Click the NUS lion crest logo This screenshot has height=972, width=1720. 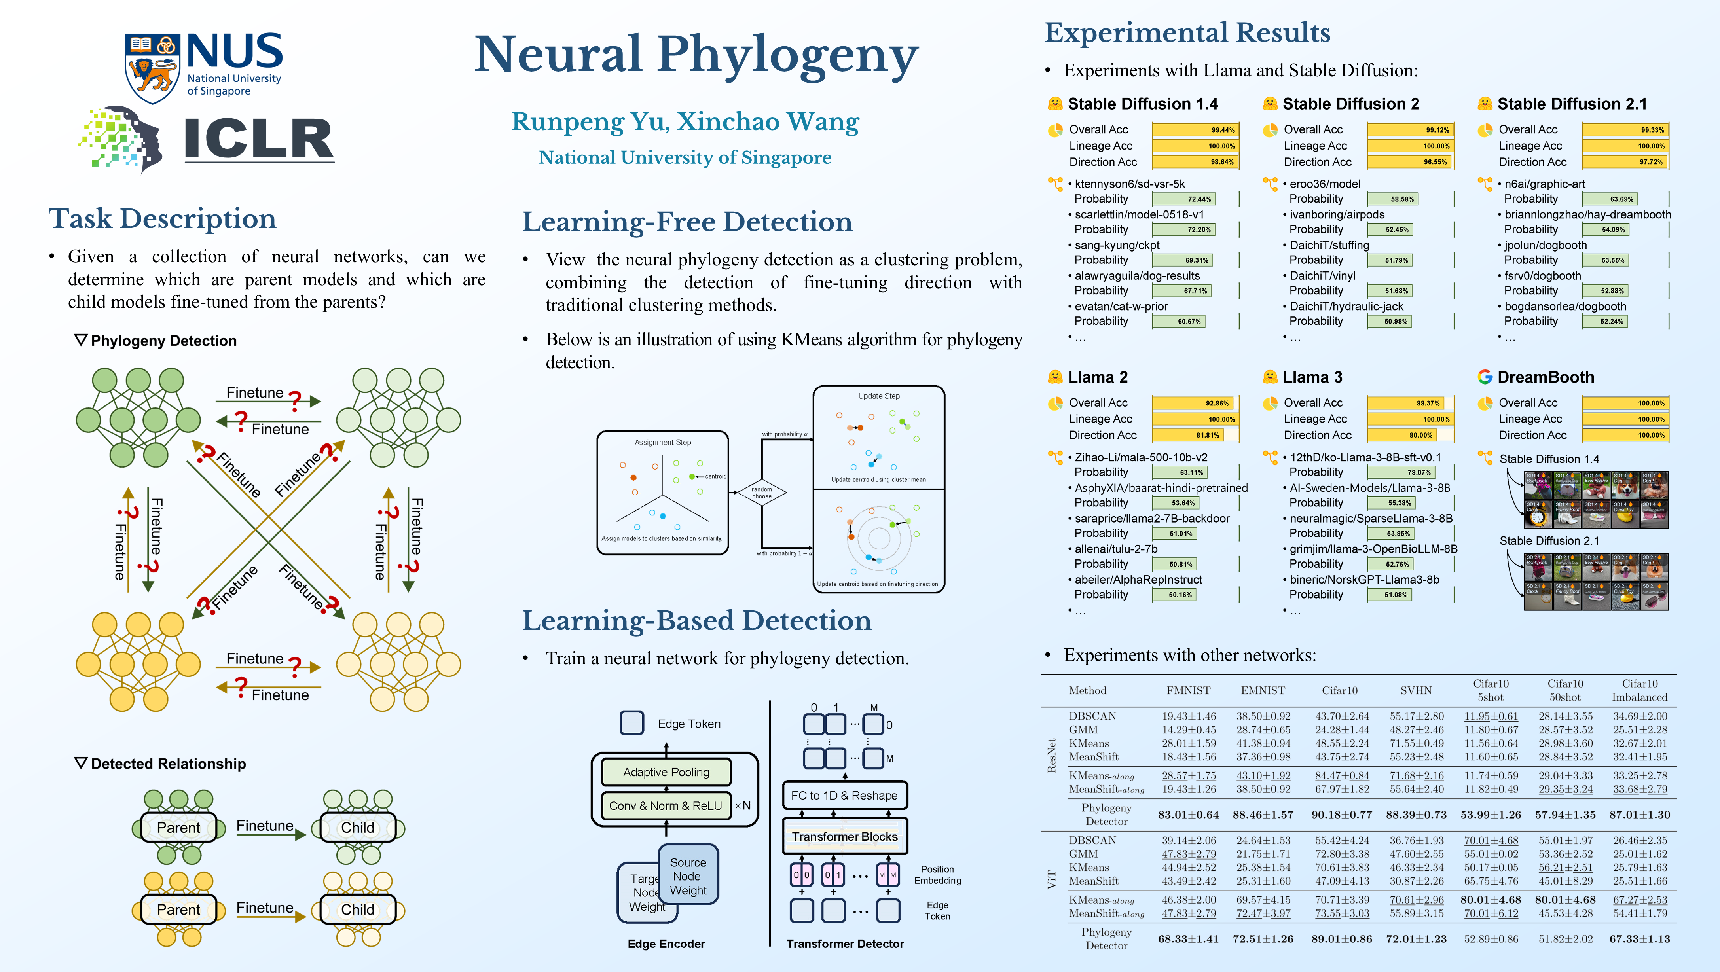tap(152, 67)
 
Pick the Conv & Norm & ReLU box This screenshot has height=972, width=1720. tap(666, 806)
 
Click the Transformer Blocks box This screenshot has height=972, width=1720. tap(845, 836)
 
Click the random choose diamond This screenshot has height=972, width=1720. tap(761, 493)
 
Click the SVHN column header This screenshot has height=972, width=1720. tap(1416, 690)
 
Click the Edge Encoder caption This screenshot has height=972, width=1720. tap(666, 943)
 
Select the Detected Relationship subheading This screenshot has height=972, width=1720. tap(168, 764)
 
